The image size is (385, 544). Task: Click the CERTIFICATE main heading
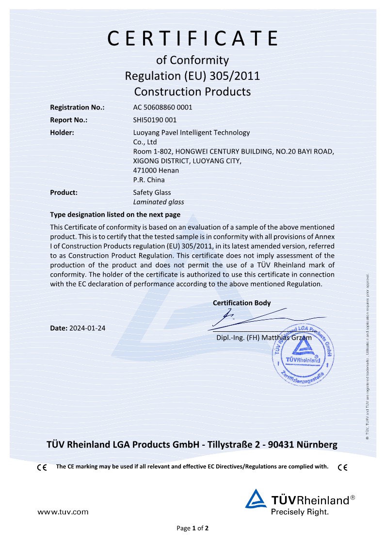click(192, 38)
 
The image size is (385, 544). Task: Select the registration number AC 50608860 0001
click(162, 108)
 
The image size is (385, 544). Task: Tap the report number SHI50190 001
click(155, 120)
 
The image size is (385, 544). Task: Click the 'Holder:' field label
click(62, 132)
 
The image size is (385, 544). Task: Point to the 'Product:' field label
click(64, 192)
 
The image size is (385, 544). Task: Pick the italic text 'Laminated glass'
click(158, 202)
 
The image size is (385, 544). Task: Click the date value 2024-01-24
click(87, 328)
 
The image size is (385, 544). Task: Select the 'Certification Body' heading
click(241, 303)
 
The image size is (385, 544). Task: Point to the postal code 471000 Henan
click(156, 171)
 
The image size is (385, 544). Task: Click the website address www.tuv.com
click(63, 512)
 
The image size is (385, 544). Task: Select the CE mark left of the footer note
click(42, 467)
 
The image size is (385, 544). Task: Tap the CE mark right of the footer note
click(343, 467)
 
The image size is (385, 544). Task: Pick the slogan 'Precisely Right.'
click(300, 512)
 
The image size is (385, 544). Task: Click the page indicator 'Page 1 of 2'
click(192, 528)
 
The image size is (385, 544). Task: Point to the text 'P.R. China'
click(148, 180)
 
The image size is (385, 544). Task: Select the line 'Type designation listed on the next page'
click(115, 215)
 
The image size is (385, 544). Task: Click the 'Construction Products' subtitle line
click(192, 91)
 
